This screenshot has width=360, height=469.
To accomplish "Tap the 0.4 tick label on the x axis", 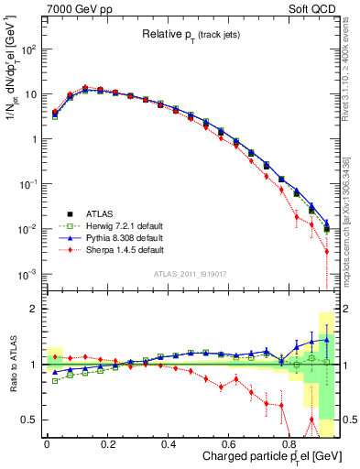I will (169, 443).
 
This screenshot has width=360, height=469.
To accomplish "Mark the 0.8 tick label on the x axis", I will (290, 443).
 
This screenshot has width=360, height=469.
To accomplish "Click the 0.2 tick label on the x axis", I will (107, 443).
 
